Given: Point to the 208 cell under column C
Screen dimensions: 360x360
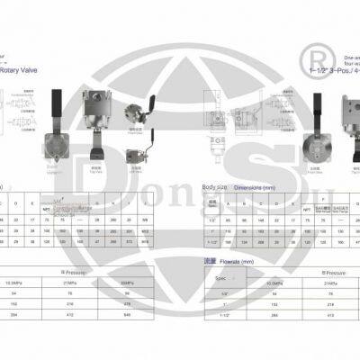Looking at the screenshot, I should click(259, 241).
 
